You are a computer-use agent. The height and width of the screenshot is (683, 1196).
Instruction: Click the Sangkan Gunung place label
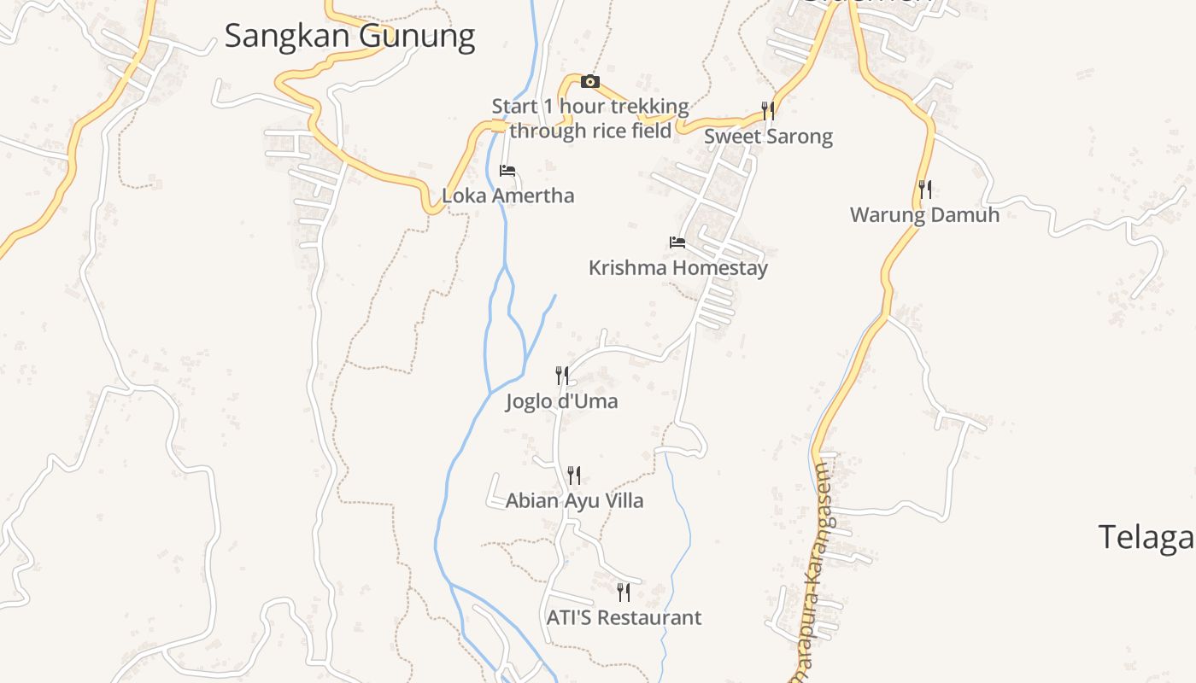point(349,37)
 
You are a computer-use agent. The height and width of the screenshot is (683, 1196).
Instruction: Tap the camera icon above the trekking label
point(589,82)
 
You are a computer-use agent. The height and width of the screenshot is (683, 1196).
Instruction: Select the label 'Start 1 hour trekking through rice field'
point(589,119)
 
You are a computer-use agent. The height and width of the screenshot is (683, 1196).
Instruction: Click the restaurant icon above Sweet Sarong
point(768,110)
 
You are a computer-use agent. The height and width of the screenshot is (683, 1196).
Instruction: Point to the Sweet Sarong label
point(768,137)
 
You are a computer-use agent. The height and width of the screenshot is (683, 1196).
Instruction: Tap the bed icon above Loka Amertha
point(507,171)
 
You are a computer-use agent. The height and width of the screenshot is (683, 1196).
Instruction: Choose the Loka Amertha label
point(507,196)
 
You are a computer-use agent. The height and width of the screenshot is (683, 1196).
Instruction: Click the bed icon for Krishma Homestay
point(677,242)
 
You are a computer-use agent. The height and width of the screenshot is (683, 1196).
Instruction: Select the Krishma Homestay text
point(677,268)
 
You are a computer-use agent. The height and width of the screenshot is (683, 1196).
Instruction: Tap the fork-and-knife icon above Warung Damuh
point(924,189)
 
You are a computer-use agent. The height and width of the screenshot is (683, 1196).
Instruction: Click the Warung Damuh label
point(924,214)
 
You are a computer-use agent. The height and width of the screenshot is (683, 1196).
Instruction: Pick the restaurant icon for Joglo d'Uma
point(561,375)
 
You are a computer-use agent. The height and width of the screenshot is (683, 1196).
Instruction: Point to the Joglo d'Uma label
point(561,401)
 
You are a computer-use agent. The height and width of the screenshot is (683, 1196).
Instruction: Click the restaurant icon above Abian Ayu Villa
point(574,475)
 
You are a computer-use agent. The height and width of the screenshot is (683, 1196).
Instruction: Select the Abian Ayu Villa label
point(574,500)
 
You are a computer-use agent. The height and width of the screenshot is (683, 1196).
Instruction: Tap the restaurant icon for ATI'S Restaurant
point(624,592)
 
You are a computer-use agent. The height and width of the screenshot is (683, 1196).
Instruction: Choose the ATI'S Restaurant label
point(624,617)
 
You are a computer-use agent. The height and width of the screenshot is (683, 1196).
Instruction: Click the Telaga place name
point(1145,537)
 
